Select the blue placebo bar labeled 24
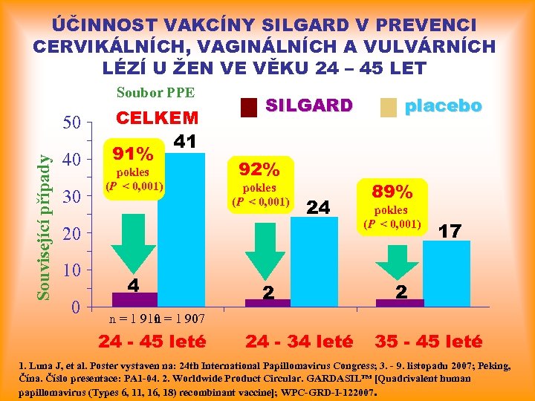tap(314, 260)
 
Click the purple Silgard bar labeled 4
tap(134, 299)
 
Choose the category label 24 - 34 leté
tap(299, 342)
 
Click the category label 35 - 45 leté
tap(428, 342)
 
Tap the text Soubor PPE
tap(155, 93)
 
